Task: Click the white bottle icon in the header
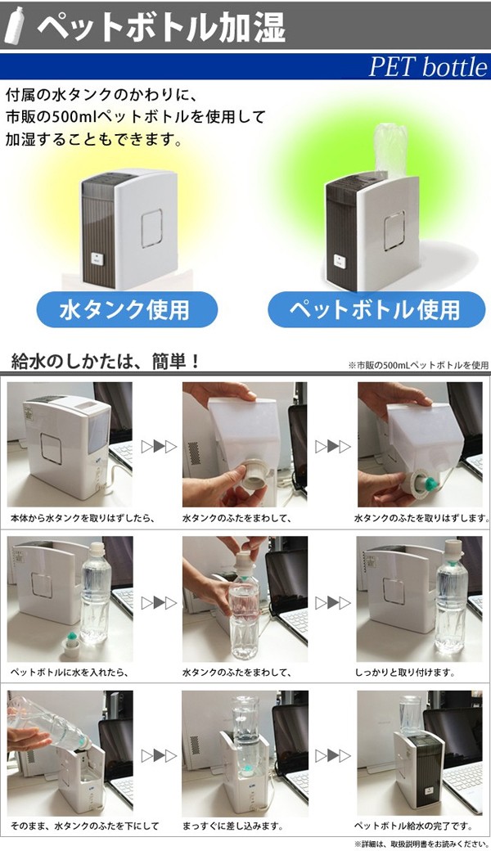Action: pos(15,25)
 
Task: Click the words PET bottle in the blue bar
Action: pos(428,67)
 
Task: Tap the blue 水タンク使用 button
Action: pos(127,309)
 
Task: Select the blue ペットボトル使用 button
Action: pos(376,309)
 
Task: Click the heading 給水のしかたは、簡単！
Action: pos(106,362)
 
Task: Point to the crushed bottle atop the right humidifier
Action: pos(390,149)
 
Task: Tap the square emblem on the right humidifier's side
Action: pos(394,231)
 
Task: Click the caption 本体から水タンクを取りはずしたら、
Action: pos(83,518)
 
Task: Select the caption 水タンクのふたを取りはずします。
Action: pos(422,518)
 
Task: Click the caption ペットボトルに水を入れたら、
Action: pos(69,672)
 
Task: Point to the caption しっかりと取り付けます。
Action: pos(405,672)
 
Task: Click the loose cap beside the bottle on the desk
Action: pos(71,644)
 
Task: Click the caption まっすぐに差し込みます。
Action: pos(232,826)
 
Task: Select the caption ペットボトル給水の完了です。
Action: pos(413,826)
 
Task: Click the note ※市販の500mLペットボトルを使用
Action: pos(418,365)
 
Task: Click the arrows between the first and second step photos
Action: pos(159,447)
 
